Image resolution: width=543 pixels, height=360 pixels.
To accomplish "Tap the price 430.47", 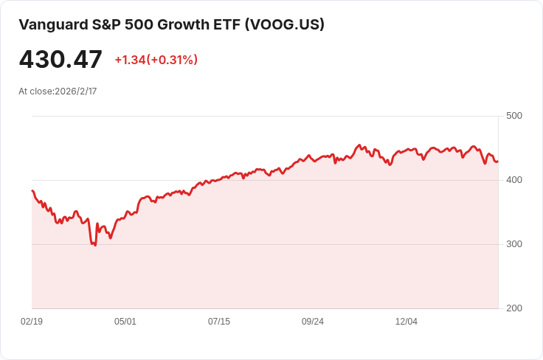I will point(60,60).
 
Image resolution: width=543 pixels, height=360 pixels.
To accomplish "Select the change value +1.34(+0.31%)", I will point(156,60).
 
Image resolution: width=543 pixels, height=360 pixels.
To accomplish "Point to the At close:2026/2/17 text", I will point(58,91).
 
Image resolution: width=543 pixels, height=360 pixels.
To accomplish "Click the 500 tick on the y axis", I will point(514,116).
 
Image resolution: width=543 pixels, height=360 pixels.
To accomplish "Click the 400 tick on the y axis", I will point(514,180).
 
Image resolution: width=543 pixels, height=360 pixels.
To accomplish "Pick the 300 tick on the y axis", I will point(514,244).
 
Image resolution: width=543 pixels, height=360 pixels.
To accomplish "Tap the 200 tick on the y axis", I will point(514,308).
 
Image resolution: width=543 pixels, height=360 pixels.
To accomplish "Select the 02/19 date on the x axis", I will point(32,322).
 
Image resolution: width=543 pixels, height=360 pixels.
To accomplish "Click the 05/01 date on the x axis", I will point(125,322).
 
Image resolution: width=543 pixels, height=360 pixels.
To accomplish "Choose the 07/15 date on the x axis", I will point(219,322).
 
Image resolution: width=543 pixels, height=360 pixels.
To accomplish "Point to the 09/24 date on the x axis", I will point(313,322).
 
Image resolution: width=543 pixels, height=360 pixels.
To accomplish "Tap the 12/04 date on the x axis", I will point(407,322).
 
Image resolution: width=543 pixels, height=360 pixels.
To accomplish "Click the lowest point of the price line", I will point(95,245).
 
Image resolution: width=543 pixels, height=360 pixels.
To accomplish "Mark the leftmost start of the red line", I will point(32,190).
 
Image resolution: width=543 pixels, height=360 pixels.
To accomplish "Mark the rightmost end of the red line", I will point(498,162).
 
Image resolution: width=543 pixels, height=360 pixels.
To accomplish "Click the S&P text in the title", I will point(104,24).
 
